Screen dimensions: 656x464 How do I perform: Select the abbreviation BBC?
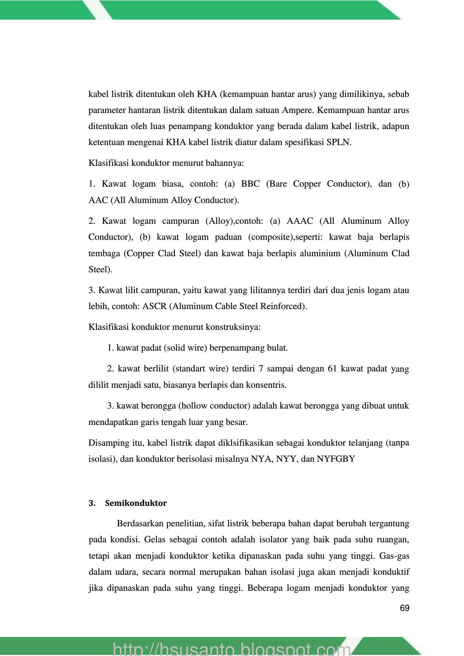click(x=250, y=184)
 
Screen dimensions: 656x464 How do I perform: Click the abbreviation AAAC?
click(x=300, y=221)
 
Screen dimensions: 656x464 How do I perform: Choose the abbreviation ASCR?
click(x=154, y=306)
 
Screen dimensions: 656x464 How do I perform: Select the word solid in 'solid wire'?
click(x=175, y=348)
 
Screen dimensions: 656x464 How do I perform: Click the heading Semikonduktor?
click(x=136, y=503)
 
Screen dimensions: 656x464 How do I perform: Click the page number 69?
click(x=405, y=608)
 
